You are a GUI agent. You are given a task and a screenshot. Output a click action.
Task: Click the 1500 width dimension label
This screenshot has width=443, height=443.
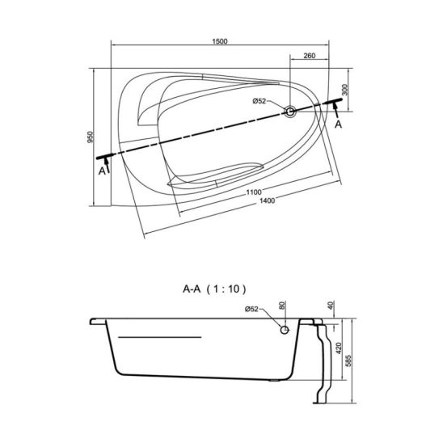point(220,41)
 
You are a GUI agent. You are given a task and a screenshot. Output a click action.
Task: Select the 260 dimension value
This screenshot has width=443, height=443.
point(310,56)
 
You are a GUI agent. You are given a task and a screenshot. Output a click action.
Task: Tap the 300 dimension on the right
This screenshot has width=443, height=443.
point(345,90)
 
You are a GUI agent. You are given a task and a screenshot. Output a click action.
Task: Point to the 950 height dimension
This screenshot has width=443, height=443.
point(90,137)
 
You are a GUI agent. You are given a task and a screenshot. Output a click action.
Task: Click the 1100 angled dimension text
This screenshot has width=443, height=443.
point(254,192)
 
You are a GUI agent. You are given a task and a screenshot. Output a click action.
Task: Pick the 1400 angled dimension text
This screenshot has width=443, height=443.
point(267,200)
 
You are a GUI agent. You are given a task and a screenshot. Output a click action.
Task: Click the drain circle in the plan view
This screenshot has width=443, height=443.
point(290,112)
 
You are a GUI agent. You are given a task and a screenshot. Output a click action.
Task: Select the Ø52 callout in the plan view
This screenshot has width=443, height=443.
point(259,101)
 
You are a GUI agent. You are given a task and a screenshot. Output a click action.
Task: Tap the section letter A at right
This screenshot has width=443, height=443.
point(338,124)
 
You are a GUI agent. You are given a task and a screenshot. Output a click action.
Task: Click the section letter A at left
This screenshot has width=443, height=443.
point(102,171)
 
